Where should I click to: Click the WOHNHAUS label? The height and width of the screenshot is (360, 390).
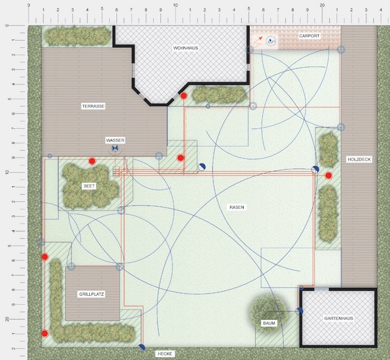[186, 48]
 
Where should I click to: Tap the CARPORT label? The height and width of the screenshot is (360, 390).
[309, 36]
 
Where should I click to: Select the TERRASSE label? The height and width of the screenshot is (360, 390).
[93, 106]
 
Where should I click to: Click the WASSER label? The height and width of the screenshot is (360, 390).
[115, 140]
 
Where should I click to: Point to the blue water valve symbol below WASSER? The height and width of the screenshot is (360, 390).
[115, 149]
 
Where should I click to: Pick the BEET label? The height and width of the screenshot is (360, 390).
[89, 186]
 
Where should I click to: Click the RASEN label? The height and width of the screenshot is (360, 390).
[236, 207]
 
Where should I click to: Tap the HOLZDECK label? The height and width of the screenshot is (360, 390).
[359, 160]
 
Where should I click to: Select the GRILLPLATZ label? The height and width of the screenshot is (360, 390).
[92, 294]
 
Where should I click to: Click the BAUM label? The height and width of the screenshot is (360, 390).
[269, 323]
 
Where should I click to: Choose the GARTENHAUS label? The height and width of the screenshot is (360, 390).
[339, 318]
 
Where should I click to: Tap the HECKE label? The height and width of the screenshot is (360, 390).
[165, 354]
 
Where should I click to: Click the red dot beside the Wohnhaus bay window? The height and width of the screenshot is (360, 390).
[184, 96]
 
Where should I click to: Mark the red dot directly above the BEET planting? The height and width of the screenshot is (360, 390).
[92, 161]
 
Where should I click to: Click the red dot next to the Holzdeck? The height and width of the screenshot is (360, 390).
[329, 176]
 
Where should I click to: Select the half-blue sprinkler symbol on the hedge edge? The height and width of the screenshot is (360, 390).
[141, 347]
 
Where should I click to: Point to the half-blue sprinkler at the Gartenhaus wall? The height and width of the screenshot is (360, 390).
[299, 311]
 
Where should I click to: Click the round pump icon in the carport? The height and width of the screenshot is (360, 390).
[271, 41]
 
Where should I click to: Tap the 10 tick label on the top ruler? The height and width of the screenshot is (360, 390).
[175, 5]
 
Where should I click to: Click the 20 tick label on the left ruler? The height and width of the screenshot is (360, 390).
[7, 319]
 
